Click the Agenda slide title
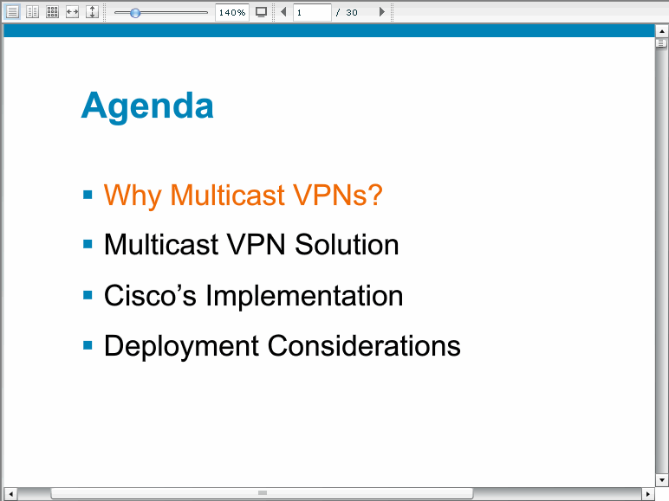pos(147,106)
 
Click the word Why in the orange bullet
pos(133,196)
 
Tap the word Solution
pos(347,245)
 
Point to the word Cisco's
pos(150,295)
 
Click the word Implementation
pos(304,296)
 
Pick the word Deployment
pos(181,346)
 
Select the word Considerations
pos(364,345)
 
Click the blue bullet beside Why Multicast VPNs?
pos(88,195)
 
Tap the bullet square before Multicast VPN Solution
pos(88,245)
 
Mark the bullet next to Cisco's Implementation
pos(88,295)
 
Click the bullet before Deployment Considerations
pos(88,345)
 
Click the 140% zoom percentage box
pos(232,12)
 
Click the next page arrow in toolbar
pos(382,12)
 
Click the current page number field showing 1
pos(312,12)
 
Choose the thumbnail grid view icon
pos(53,12)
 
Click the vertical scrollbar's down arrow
pos(662,480)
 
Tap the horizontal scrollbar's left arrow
pos(11,494)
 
